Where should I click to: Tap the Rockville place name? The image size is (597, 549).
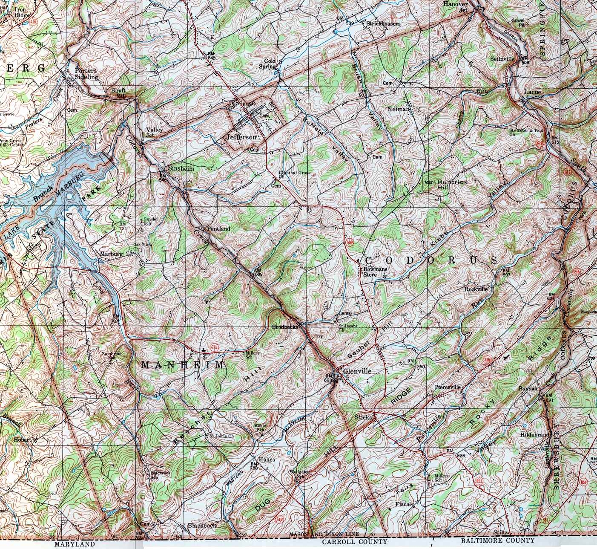pos(476,289)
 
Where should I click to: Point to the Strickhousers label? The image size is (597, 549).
pos(383,23)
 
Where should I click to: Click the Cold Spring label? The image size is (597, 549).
pos(267,64)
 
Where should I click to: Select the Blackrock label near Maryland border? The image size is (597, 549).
pos(202,526)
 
